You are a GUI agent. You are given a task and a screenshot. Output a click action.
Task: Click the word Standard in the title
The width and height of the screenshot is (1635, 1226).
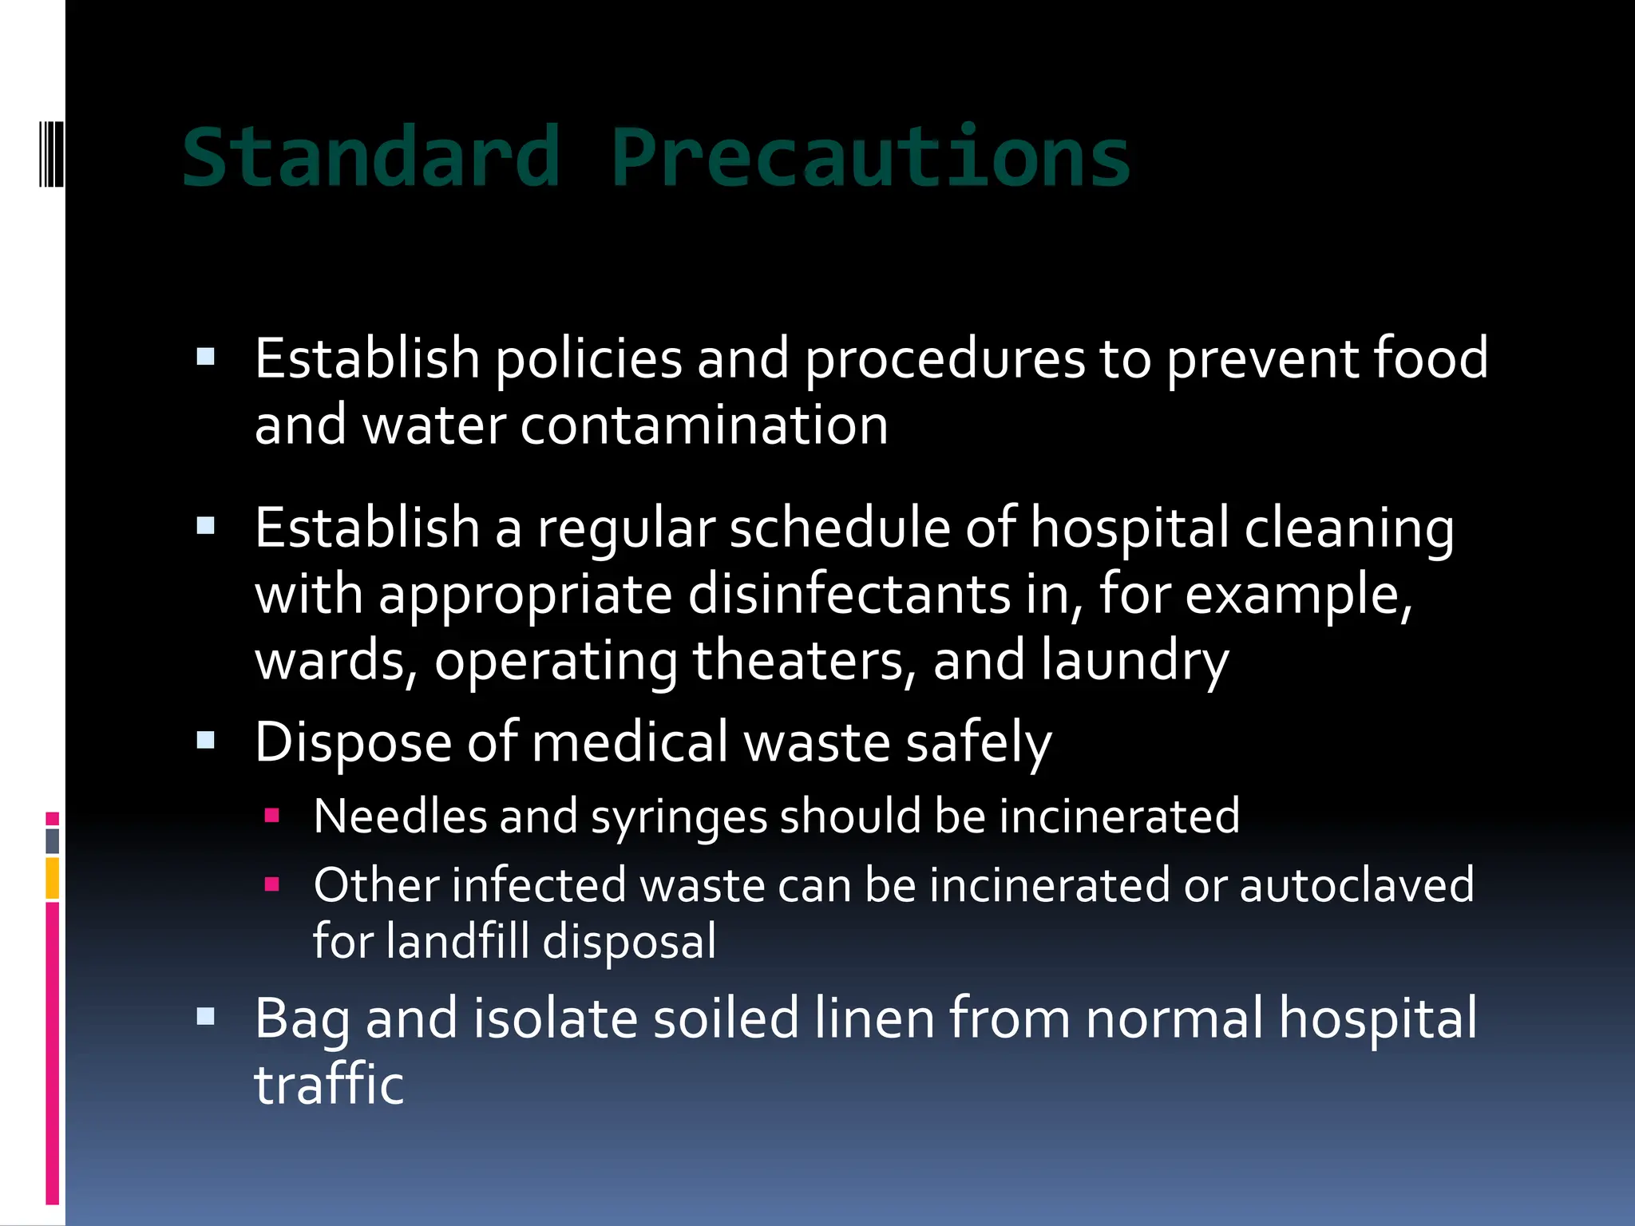click(x=370, y=157)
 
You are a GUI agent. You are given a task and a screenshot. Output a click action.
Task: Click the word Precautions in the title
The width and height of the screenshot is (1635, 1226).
click(x=870, y=157)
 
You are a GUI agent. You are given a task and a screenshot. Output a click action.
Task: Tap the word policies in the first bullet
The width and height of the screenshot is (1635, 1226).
click(x=588, y=359)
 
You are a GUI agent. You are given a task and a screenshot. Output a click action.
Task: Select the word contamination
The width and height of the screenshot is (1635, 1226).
click(x=704, y=425)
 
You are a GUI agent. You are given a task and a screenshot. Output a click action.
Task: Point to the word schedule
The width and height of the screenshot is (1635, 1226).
click(x=840, y=528)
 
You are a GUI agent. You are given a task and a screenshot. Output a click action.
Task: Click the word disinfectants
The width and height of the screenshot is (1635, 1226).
click(x=849, y=595)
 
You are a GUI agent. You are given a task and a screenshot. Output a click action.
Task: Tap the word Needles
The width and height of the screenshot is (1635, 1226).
click(x=399, y=817)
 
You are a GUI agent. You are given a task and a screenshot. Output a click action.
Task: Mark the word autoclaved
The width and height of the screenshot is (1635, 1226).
click(x=1356, y=885)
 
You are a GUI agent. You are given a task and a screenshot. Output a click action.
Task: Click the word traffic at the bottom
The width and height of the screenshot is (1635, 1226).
click(x=329, y=1085)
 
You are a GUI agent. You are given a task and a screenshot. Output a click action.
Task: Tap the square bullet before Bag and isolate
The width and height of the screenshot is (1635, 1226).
click(x=206, y=1017)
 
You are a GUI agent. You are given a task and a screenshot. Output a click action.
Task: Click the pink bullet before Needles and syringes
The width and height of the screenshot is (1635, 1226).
click(x=272, y=816)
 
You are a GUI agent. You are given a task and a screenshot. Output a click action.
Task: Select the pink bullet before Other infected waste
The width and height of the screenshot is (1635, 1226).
click(x=272, y=884)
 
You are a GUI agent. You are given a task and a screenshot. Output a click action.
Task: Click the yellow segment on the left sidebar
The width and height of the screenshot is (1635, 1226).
click(x=53, y=878)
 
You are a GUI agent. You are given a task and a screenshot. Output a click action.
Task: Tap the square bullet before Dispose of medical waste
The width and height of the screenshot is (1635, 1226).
click(x=206, y=741)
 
